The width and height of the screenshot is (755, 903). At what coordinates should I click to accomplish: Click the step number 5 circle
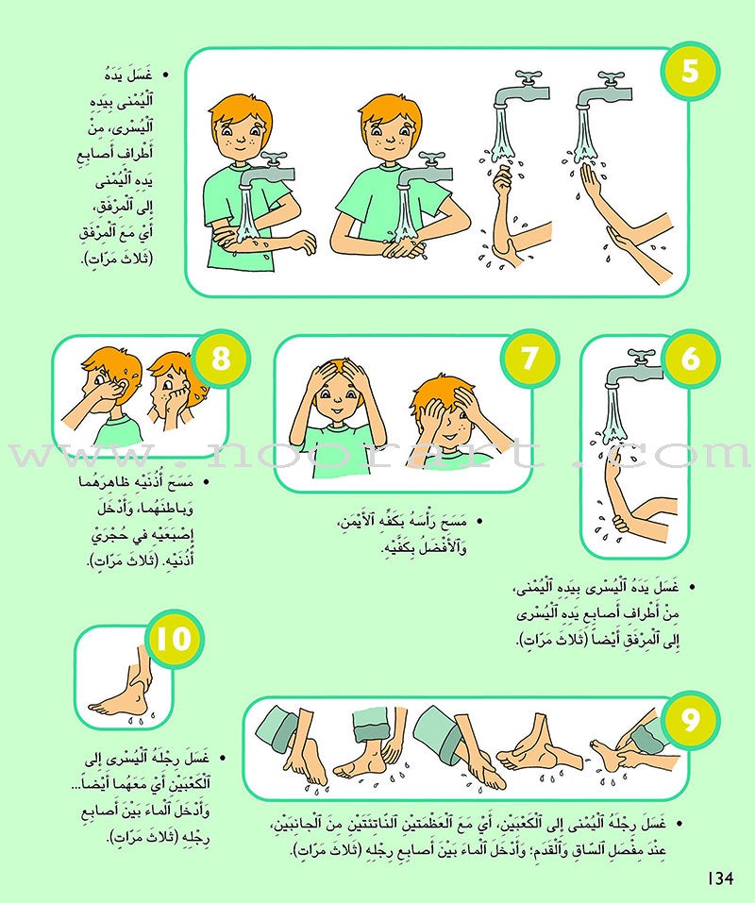690,72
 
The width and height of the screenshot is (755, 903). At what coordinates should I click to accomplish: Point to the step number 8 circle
221,360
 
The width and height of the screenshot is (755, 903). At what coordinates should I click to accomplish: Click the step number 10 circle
176,644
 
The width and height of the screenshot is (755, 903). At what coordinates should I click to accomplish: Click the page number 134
719,878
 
